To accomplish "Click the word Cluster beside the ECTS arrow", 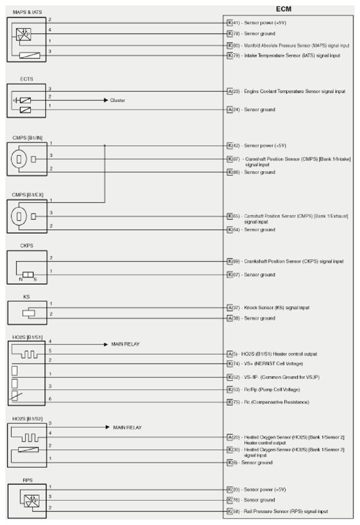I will (x=118, y=100).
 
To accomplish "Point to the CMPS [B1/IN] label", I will (x=27, y=137).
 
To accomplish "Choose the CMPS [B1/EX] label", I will (x=28, y=194).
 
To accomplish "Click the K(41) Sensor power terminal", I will (x=230, y=22).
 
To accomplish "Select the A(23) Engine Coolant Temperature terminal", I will (x=230, y=91).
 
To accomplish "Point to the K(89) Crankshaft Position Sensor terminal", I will (x=230, y=261).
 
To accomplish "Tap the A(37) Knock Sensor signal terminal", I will (x=230, y=307).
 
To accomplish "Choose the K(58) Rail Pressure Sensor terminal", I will (x=230, y=511).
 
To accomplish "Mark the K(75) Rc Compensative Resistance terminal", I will (x=230, y=402).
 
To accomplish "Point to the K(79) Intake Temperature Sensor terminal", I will (x=230, y=55).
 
